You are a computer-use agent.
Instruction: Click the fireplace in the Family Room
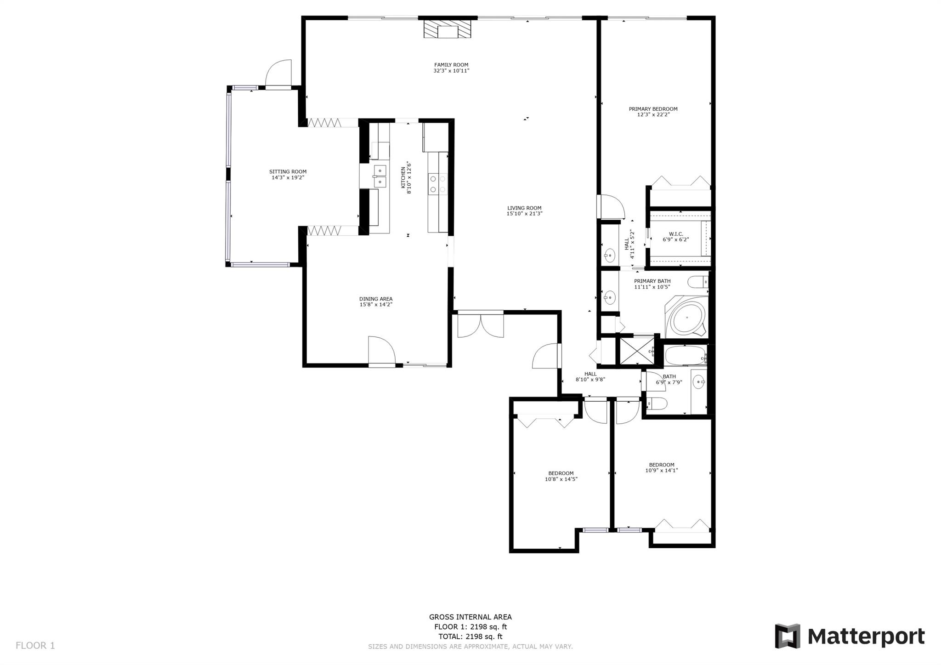(x=447, y=28)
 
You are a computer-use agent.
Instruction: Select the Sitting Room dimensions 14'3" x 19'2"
(x=288, y=177)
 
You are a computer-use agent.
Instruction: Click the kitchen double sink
(x=380, y=176)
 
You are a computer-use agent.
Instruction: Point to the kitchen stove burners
(x=437, y=183)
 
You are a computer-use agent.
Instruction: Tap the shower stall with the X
(x=637, y=351)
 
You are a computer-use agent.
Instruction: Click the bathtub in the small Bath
(x=685, y=355)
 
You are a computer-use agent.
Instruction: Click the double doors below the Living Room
(x=481, y=325)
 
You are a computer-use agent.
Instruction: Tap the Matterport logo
(x=850, y=637)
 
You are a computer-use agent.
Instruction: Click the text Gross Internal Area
(x=470, y=617)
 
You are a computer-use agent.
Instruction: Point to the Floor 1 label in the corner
(x=35, y=646)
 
